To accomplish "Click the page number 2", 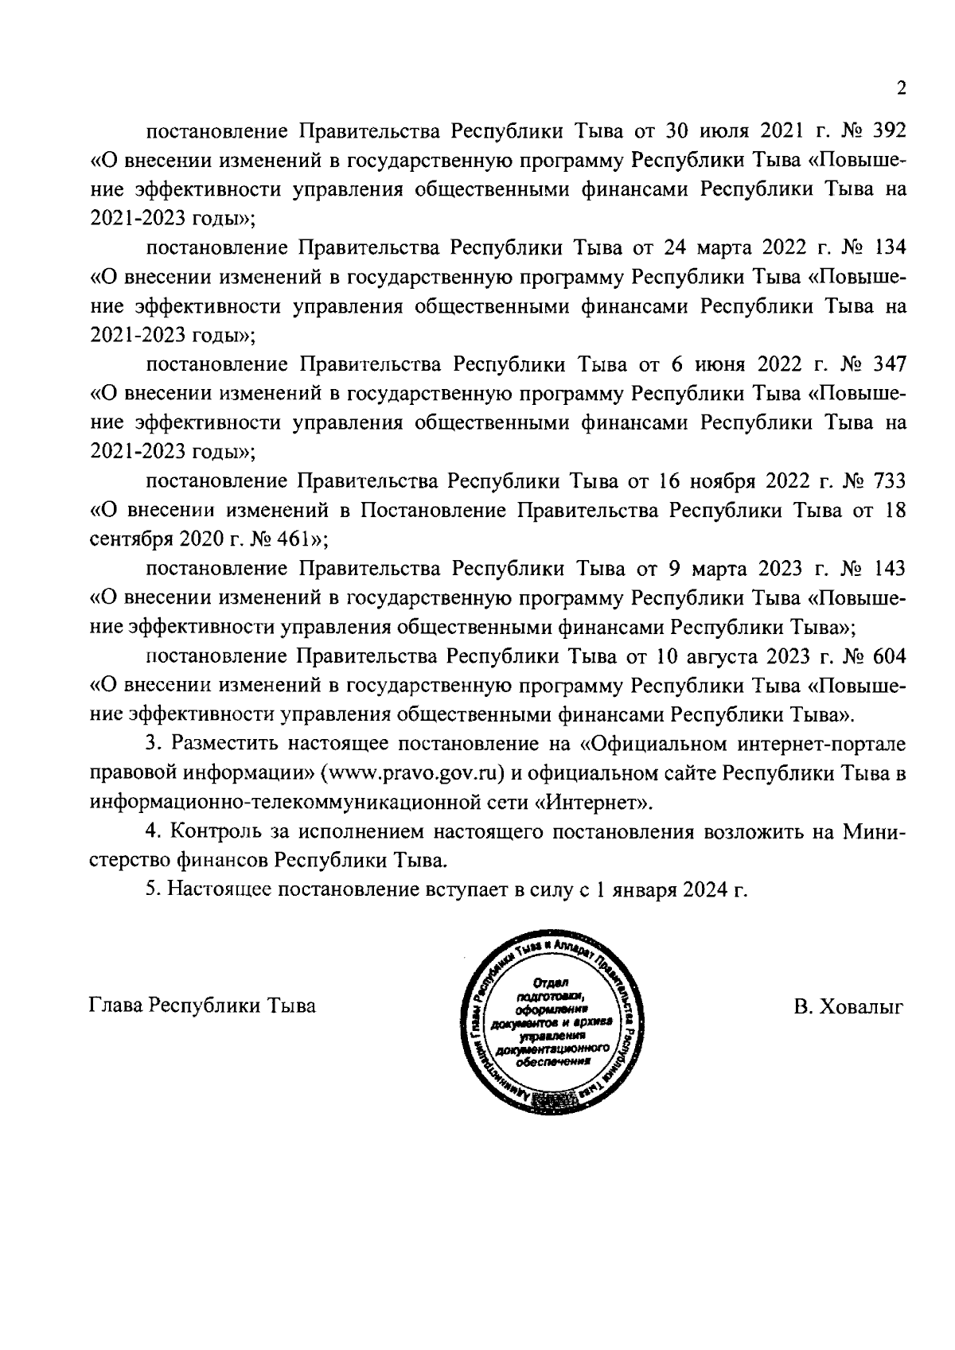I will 900,88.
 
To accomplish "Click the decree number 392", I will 889,130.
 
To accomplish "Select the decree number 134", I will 889,247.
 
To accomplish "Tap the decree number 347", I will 889,364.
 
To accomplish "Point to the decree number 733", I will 889,482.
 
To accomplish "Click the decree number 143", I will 889,570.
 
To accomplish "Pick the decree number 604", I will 889,657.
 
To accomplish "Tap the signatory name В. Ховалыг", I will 848,1006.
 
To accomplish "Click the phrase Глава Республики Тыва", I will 201,1006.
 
